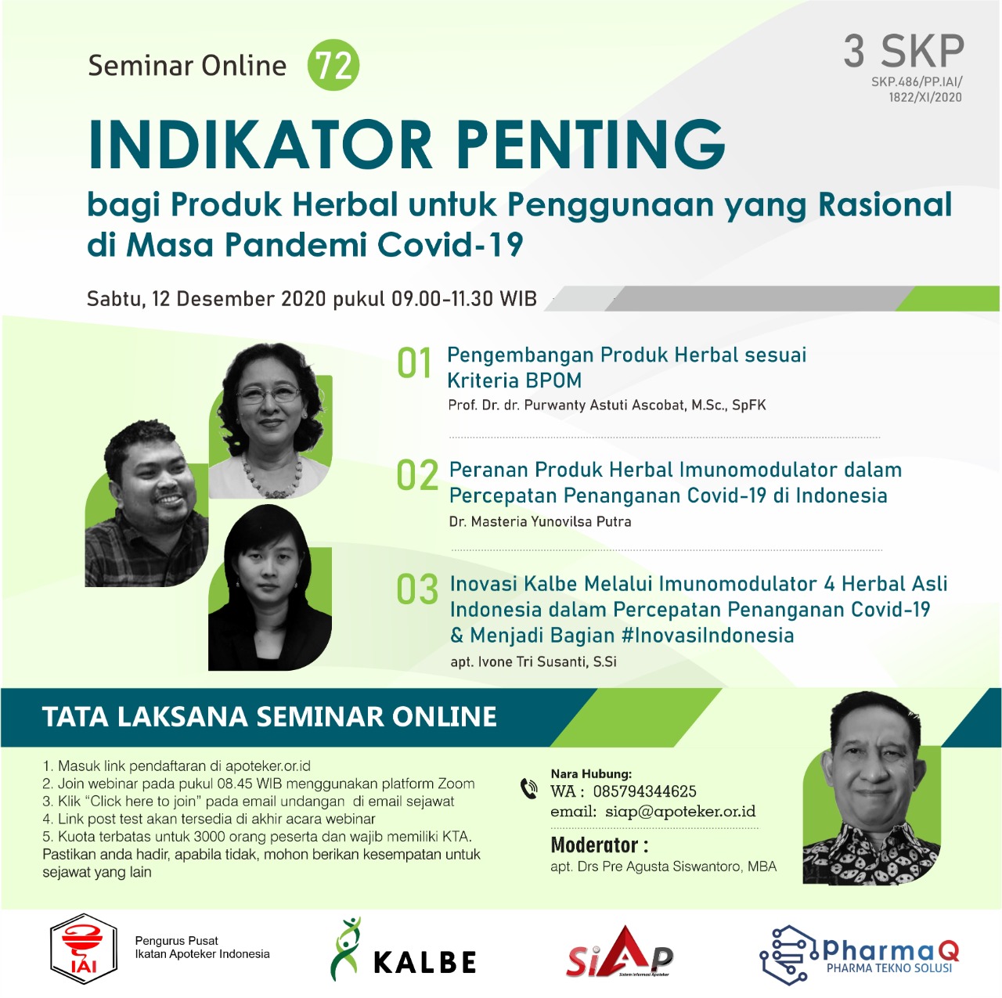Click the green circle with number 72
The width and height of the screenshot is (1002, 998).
point(333,66)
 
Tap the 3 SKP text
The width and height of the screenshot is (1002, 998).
point(903,52)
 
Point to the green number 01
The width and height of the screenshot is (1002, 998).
point(414,362)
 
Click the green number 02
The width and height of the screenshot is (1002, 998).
point(417,475)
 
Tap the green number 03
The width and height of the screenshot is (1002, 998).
point(417,589)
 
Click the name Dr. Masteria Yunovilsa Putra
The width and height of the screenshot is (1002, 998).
point(540,521)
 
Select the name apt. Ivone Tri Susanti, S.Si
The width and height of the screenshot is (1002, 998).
point(534,661)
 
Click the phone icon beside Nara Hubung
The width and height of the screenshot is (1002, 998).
point(529,789)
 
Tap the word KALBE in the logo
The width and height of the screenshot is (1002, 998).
point(425,963)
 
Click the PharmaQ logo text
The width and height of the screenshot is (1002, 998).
point(891,951)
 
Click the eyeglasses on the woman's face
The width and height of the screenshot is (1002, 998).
point(269,394)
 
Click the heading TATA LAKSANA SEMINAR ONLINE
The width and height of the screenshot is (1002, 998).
point(269,717)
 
